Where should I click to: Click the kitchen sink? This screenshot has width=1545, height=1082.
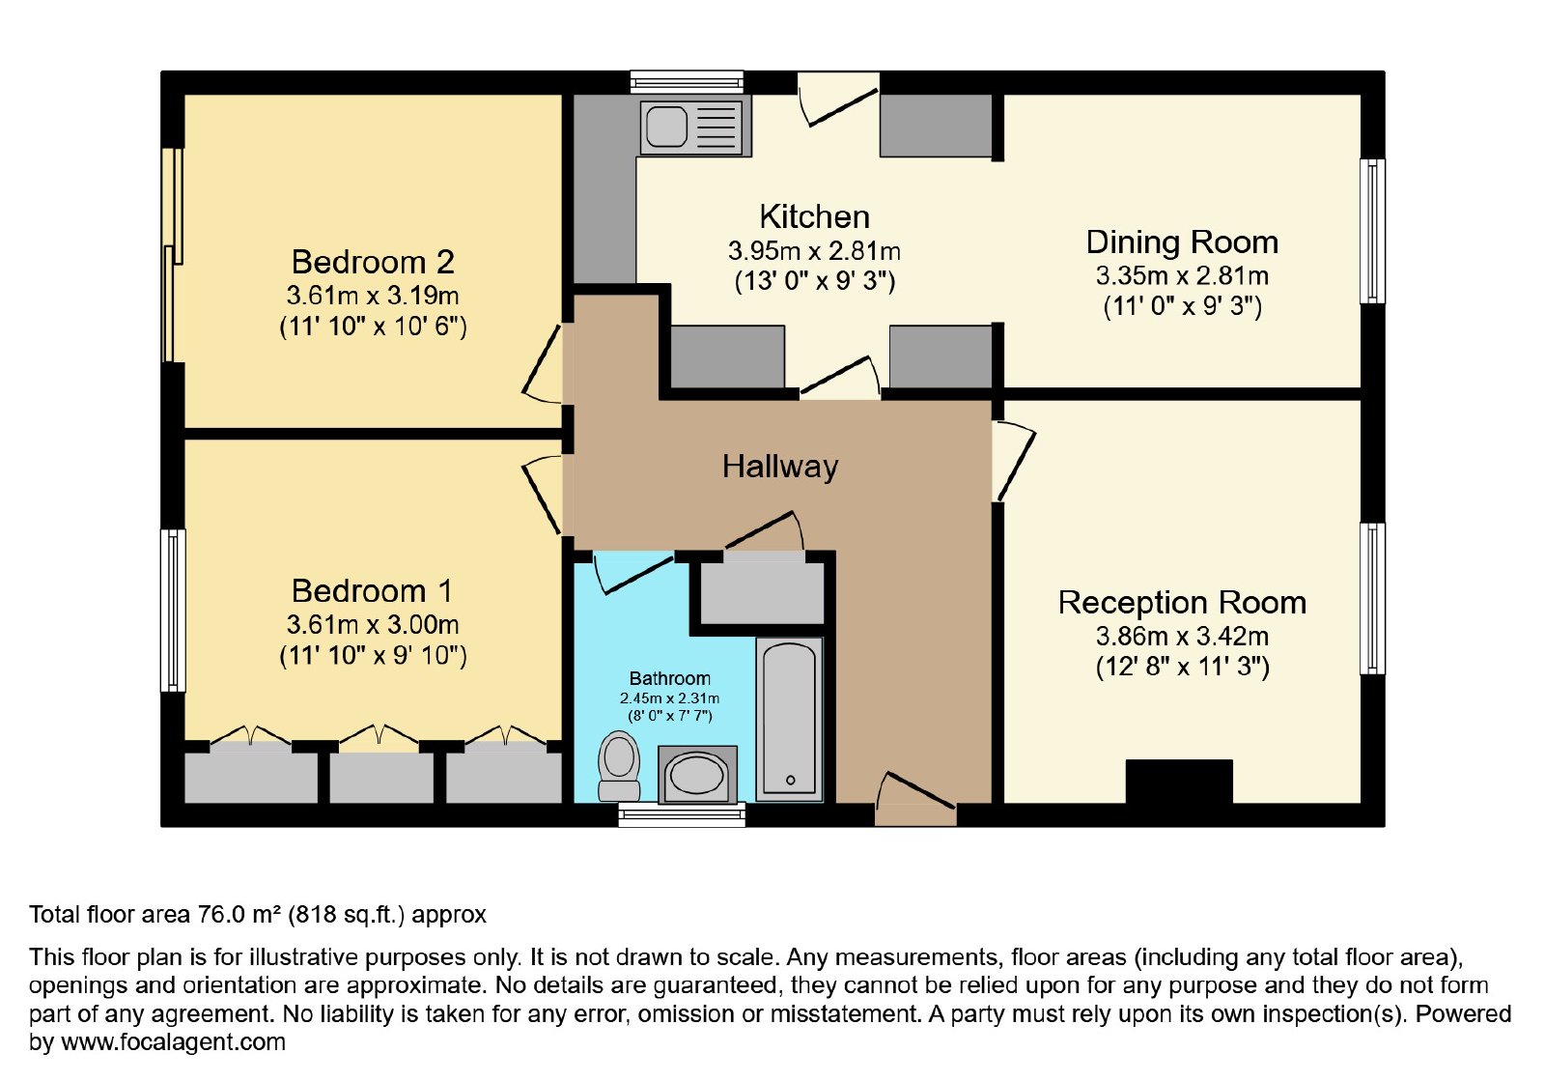click(693, 128)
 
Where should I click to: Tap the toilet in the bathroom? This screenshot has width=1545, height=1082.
click(619, 767)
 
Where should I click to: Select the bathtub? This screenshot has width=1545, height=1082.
click(790, 719)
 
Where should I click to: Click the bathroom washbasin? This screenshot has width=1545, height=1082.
click(697, 774)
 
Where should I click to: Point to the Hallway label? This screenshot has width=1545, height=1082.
click(780, 467)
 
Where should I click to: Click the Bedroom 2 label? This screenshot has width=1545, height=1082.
click(373, 262)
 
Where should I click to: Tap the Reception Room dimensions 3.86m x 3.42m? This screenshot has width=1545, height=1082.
click(1182, 636)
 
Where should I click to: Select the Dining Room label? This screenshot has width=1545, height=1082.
click(1182, 242)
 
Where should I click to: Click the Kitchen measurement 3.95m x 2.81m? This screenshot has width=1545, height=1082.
click(815, 251)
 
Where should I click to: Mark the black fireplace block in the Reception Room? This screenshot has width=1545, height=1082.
click(1179, 782)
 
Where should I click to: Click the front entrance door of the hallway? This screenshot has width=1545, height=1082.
click(915, 800)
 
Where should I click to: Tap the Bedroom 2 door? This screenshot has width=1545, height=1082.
click(544, 364)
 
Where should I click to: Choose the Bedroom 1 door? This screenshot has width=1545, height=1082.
click(544, 495)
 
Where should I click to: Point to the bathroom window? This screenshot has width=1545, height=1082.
click(682, 814)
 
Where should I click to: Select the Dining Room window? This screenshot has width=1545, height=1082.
click(1372, 231)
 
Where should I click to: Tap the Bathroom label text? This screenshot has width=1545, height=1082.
click(670, 678)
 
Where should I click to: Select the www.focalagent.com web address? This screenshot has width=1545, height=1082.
click(173, 1041)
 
